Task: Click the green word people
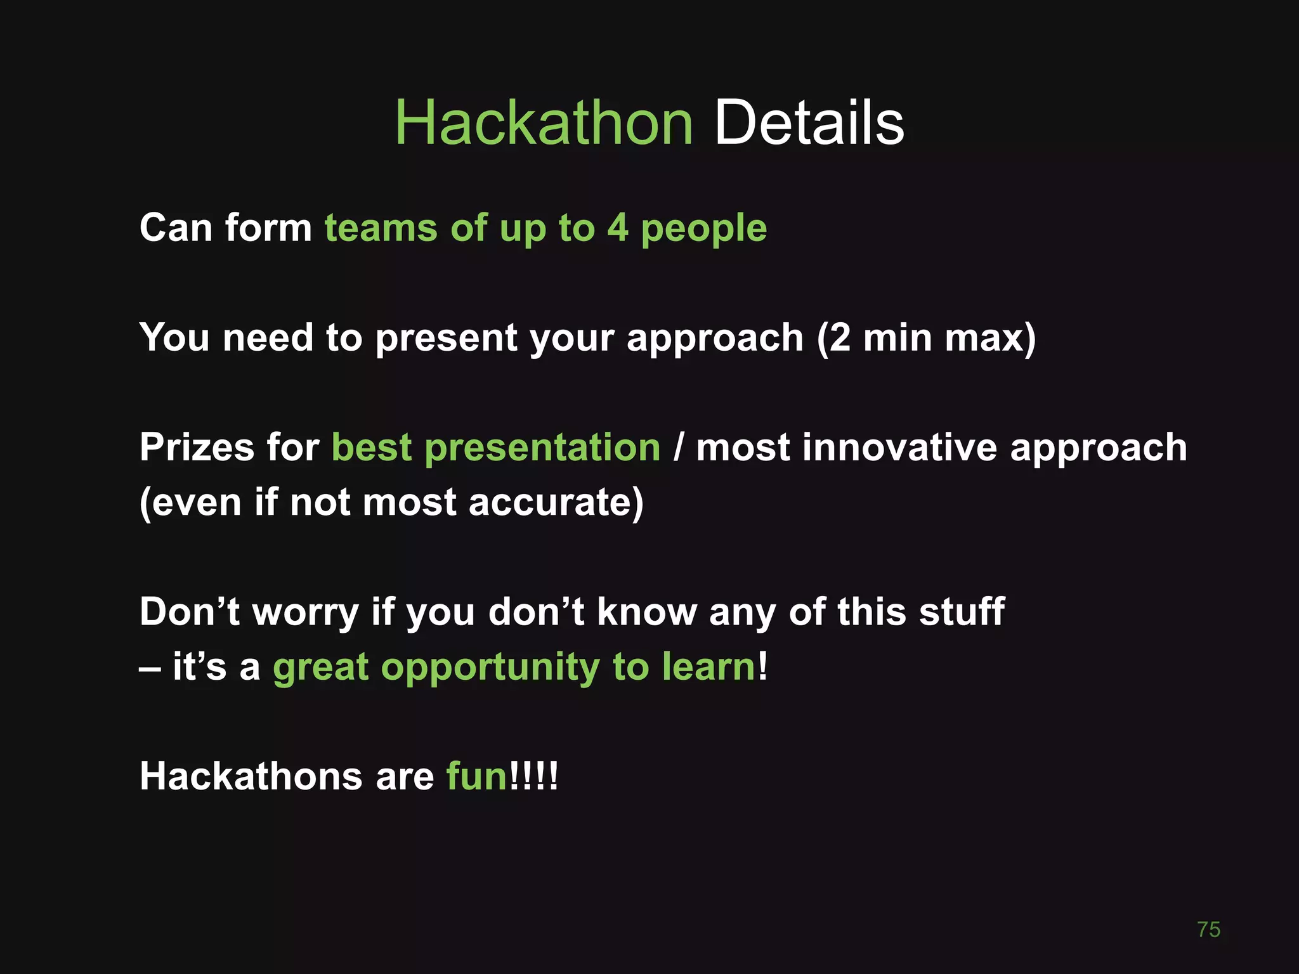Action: point(703,229)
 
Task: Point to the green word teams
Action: point(381,228)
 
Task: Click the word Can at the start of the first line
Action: point(176,228)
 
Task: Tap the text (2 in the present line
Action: point(833,337)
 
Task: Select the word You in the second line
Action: point(174,337)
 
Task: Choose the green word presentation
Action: point(542,448)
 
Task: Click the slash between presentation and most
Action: point(678,447)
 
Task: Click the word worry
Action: point(306,613)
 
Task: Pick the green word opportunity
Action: point(489,668)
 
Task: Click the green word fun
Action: point(476,776)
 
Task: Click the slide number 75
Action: point(1208,930)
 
